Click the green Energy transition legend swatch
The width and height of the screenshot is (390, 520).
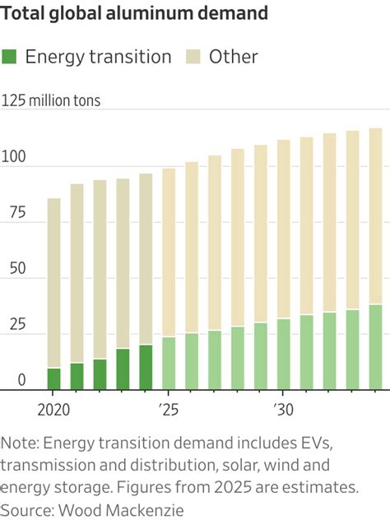[11, 57]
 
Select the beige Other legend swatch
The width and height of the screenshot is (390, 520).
[193, 57]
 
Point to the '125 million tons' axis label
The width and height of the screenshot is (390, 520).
[52, 101]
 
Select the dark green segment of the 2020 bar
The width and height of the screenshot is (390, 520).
[53, 378]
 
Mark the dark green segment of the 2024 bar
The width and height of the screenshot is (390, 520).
[146, 367]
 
